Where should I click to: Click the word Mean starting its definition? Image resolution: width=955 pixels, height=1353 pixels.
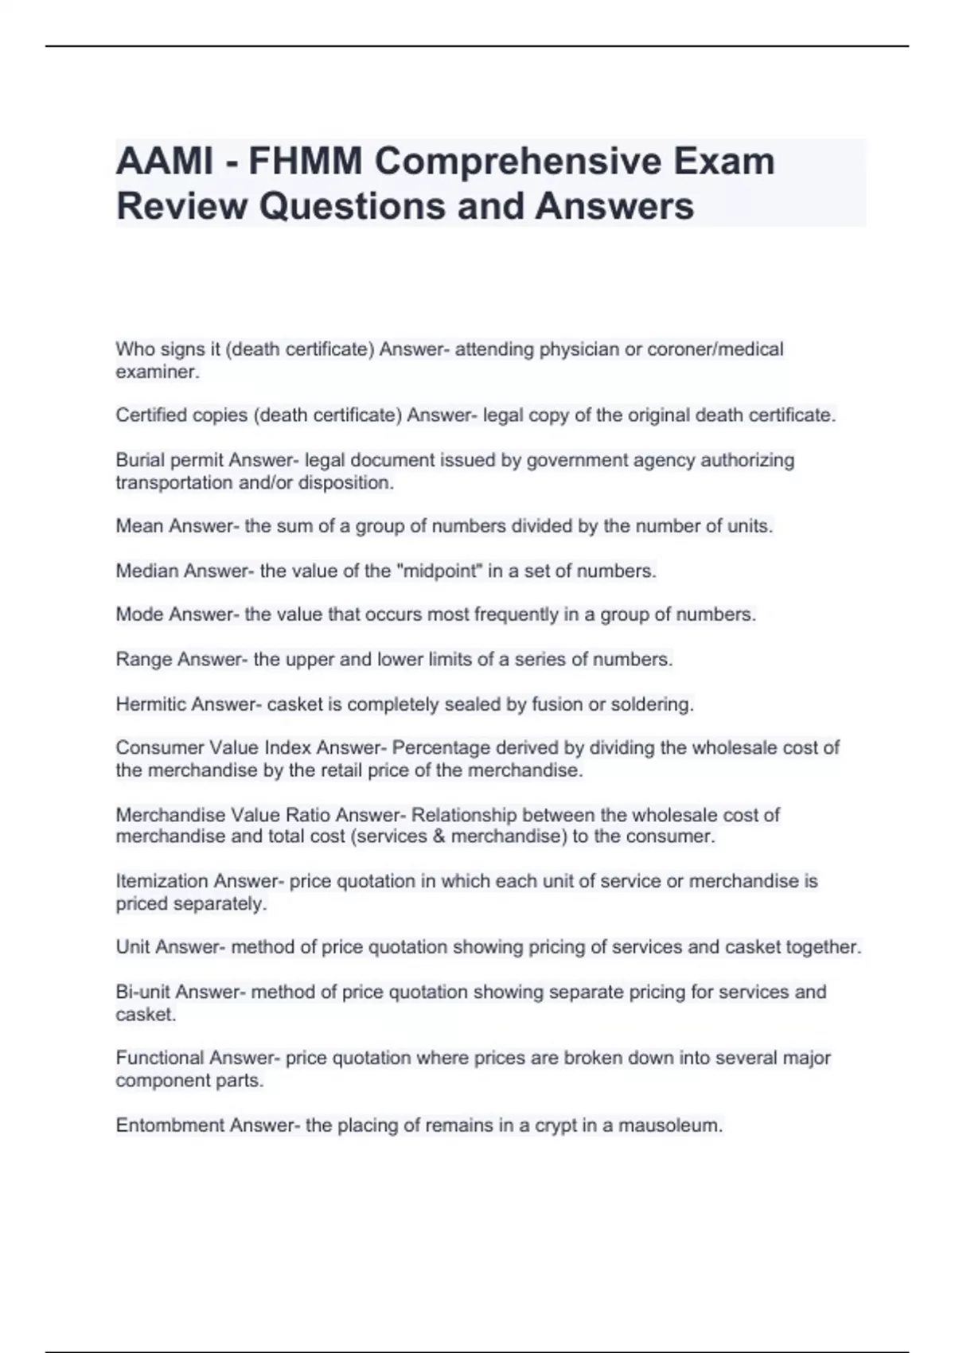coord(140,526)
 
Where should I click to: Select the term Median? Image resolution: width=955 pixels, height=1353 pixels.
coord(147,571)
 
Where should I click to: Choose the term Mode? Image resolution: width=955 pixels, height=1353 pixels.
coord(140,614)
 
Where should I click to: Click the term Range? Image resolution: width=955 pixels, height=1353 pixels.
coord(144,660)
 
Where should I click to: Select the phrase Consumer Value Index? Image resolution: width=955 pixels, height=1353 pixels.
coord(213,748)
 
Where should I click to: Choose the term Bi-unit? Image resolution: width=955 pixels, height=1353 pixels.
coord(142,992)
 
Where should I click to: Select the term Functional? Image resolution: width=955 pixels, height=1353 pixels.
coord(159,1058)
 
